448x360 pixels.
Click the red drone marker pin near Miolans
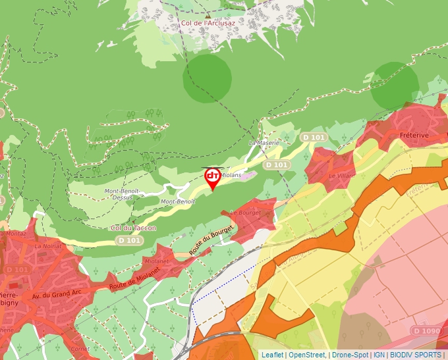213,178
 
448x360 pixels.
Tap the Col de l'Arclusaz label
208,23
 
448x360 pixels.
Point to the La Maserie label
264,143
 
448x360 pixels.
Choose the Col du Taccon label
134,228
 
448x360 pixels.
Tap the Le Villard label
341,176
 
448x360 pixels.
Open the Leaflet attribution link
273,355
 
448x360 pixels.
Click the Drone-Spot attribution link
350,355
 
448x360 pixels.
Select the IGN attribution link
379,355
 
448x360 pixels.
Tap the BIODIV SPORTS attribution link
416,355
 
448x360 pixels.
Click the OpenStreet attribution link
307,355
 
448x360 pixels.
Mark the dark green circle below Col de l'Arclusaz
208,78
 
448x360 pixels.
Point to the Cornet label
80,349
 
